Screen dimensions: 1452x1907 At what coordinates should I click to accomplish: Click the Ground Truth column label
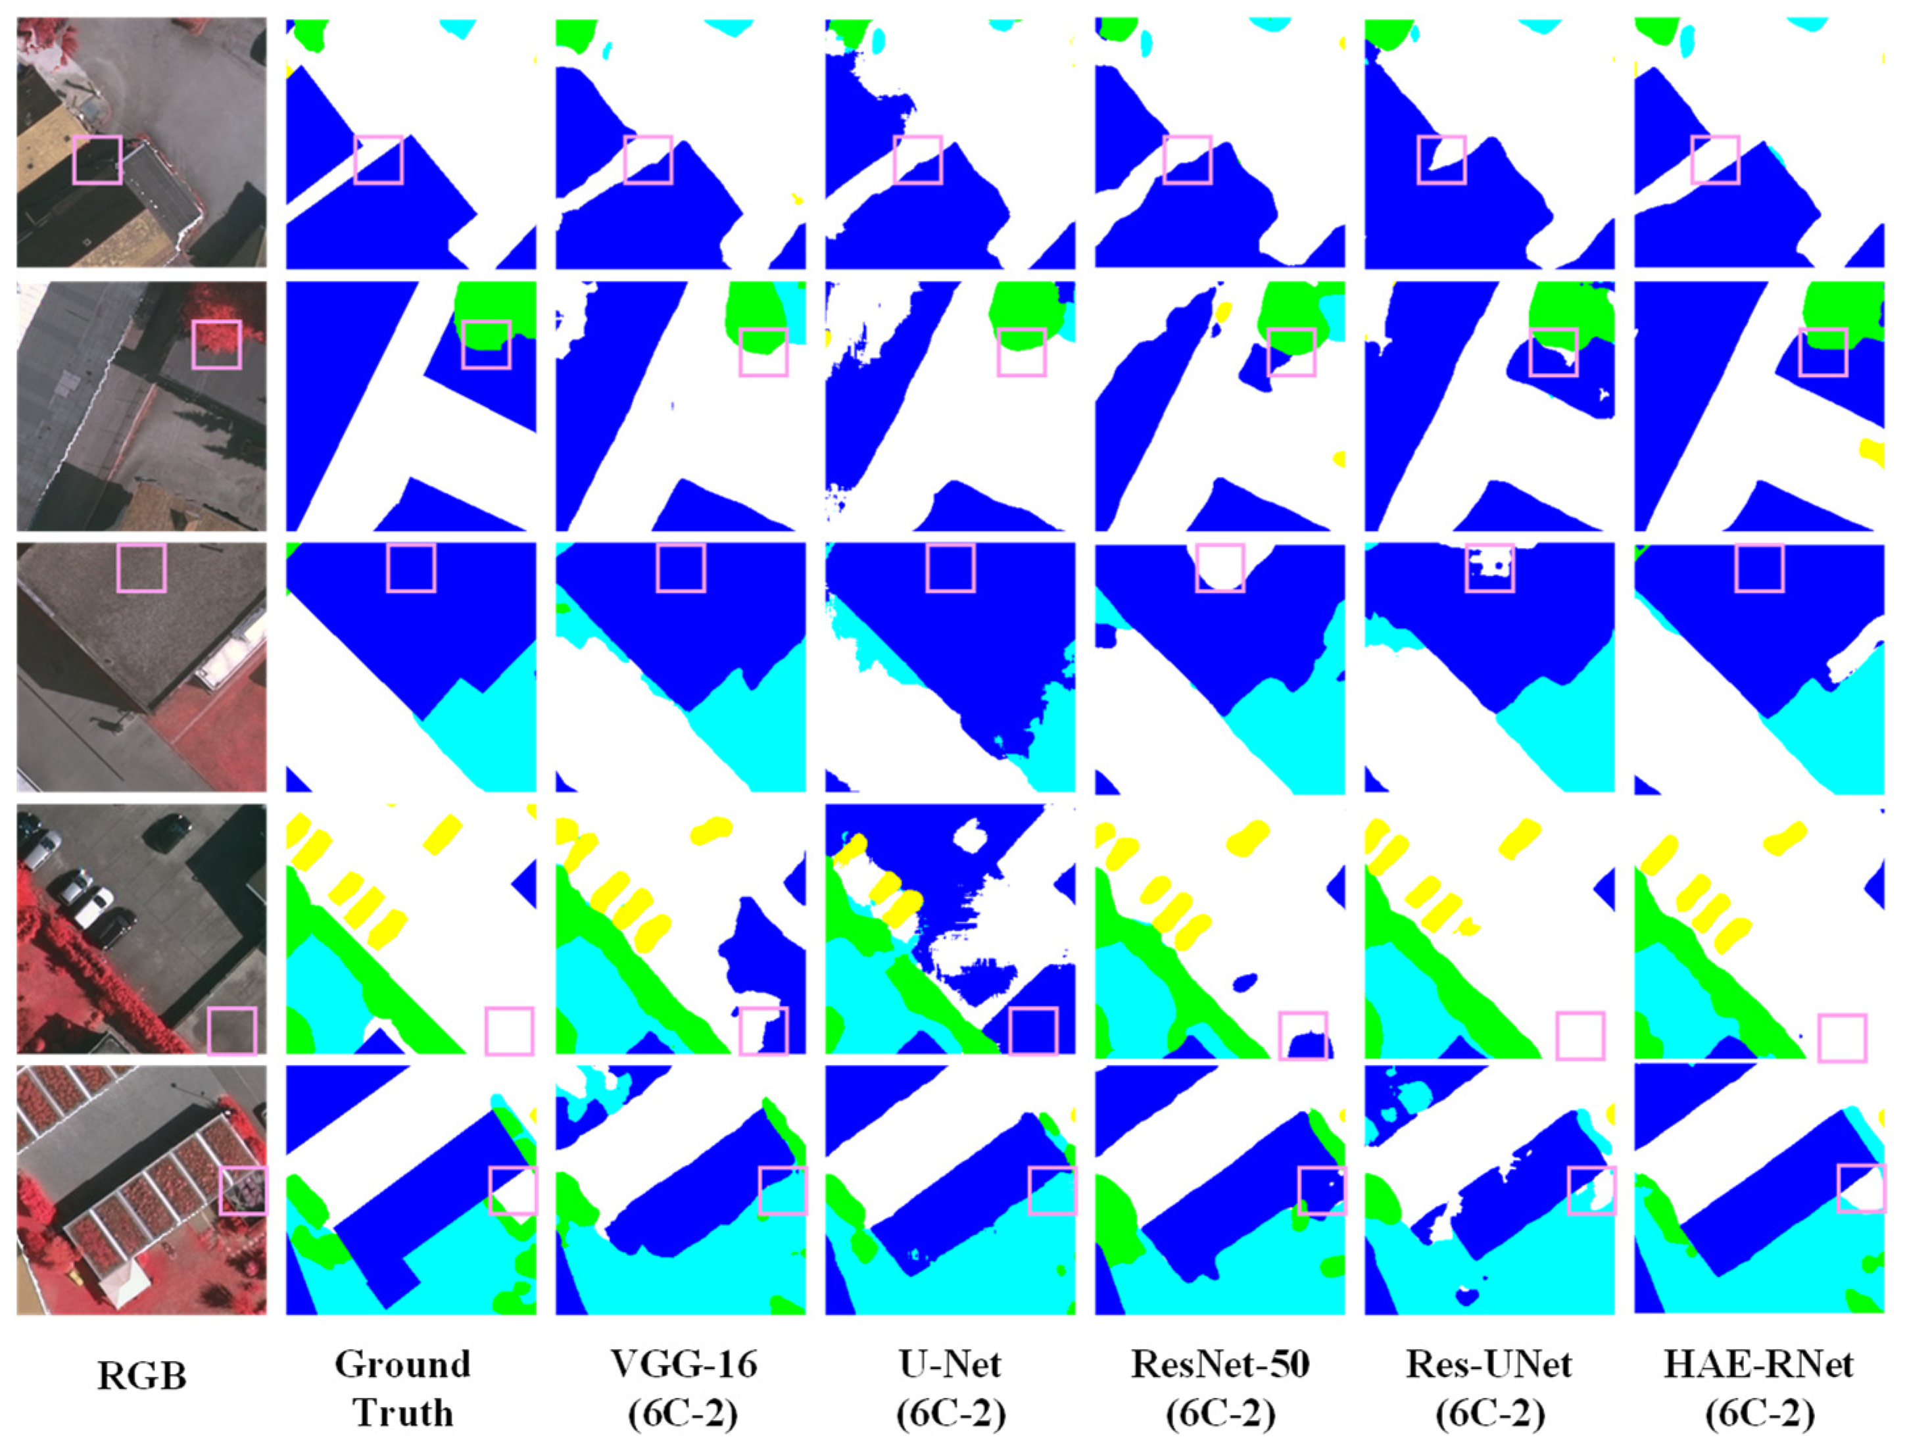(x=402, y=1388)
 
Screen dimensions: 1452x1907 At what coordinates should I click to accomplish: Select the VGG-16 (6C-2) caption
(x=683, y=1388)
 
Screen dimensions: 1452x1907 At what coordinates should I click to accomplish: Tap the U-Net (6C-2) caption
(x=950, y=1388)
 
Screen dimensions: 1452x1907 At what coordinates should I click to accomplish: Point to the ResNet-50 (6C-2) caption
(x=1220, y=1388)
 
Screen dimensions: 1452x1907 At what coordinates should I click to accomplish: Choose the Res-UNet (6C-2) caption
(x=1489, y=1388)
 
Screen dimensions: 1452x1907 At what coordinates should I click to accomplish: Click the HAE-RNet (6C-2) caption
(x=1759, y=1388)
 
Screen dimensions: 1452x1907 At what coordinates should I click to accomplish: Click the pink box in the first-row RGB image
(x=97, y=160)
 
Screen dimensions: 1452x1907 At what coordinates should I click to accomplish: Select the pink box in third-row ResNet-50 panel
(x=1220, y=568)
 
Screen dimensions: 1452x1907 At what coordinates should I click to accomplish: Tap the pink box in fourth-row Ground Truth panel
(x=509, y=1031)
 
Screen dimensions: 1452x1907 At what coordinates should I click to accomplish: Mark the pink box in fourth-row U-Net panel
(x=1034, y=1031)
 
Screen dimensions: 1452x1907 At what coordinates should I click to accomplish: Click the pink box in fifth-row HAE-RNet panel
(x=1861, y=1189)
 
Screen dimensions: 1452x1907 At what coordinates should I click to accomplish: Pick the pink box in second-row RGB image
(x=216, y=344)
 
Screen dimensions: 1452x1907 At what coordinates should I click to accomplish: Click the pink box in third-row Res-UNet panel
(x=1489, y=568)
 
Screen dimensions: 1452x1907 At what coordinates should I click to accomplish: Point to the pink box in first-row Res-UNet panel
(x=1441, y=160)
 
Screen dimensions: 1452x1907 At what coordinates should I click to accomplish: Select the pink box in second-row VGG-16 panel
(x=764, y=352)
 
